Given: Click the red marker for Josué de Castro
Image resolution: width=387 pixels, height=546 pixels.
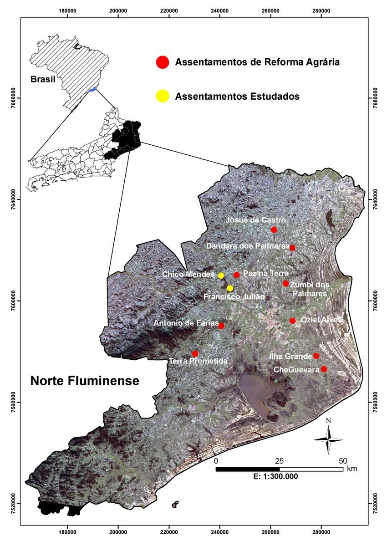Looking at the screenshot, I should pyautogui.click(x=274, y=230).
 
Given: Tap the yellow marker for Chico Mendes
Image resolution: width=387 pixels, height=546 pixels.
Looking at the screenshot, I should pyautogui.click(x=221, y=276).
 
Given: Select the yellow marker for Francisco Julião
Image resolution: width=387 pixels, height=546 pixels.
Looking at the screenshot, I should pyautogui.click(x=230, y=288).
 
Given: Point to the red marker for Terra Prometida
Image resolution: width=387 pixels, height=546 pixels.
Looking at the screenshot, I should pyautogui.click(x=195, y=353).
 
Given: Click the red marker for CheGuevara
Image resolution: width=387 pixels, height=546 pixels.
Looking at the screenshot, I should pyautogui.click(x=324, y=369).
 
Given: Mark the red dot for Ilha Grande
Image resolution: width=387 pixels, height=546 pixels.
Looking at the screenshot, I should pyautogui.click(x=316, y=356).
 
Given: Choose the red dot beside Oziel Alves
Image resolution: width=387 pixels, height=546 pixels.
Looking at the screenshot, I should pyautogui.click(x=293, y=321).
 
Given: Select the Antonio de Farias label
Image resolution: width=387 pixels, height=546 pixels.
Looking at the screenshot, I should pyautogui.click(x=184, y=323).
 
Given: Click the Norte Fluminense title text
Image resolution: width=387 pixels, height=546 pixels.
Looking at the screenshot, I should pyautogui.click(x=85, y=381).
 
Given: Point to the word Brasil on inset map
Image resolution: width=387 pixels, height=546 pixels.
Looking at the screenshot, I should pyautogui.click(x=43, y=79).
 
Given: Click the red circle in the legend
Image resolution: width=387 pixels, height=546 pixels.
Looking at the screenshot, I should pyautogui.click(x=162, y=62).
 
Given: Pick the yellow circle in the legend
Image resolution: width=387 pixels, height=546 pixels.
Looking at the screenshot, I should pyautogui.click(x=162, y=96).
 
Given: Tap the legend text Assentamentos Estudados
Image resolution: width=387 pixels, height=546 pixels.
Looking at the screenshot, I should pyautogui.click(x=237, y=97).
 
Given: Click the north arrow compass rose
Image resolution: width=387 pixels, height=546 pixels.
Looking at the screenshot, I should pyautogui.click(x=328, y=439).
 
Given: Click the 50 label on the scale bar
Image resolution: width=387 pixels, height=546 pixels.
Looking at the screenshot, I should pyautogui.click(x=343, y=460).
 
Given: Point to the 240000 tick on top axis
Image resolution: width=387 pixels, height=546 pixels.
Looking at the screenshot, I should pyautogui.click(x=220, y=10).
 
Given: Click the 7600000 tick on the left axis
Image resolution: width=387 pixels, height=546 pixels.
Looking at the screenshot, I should pyautogui.click(x=12, y=300).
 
